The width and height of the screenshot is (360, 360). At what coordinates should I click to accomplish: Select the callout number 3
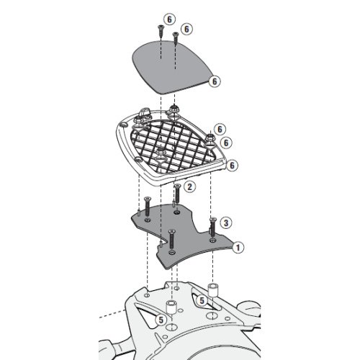click(225, 222)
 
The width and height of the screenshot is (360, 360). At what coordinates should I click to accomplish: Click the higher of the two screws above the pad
click(156, 30)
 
